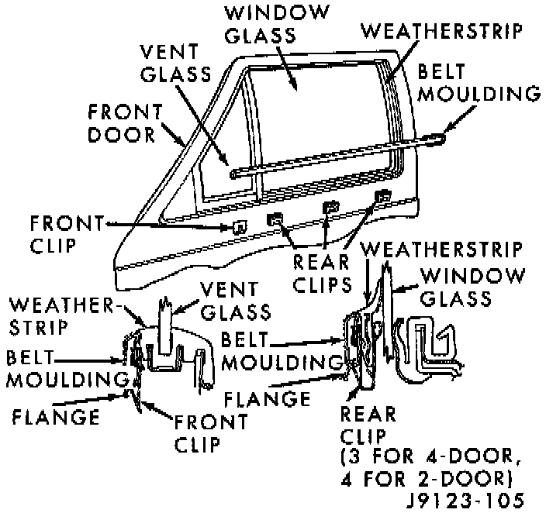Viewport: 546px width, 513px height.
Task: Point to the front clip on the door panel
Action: (240, 226)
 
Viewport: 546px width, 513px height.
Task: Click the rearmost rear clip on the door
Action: (382, 196)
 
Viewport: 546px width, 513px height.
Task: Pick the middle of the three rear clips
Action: (330, 207)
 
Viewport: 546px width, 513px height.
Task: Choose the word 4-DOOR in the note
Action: (457, 454)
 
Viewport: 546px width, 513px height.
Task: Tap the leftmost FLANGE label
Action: (56, 417)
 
